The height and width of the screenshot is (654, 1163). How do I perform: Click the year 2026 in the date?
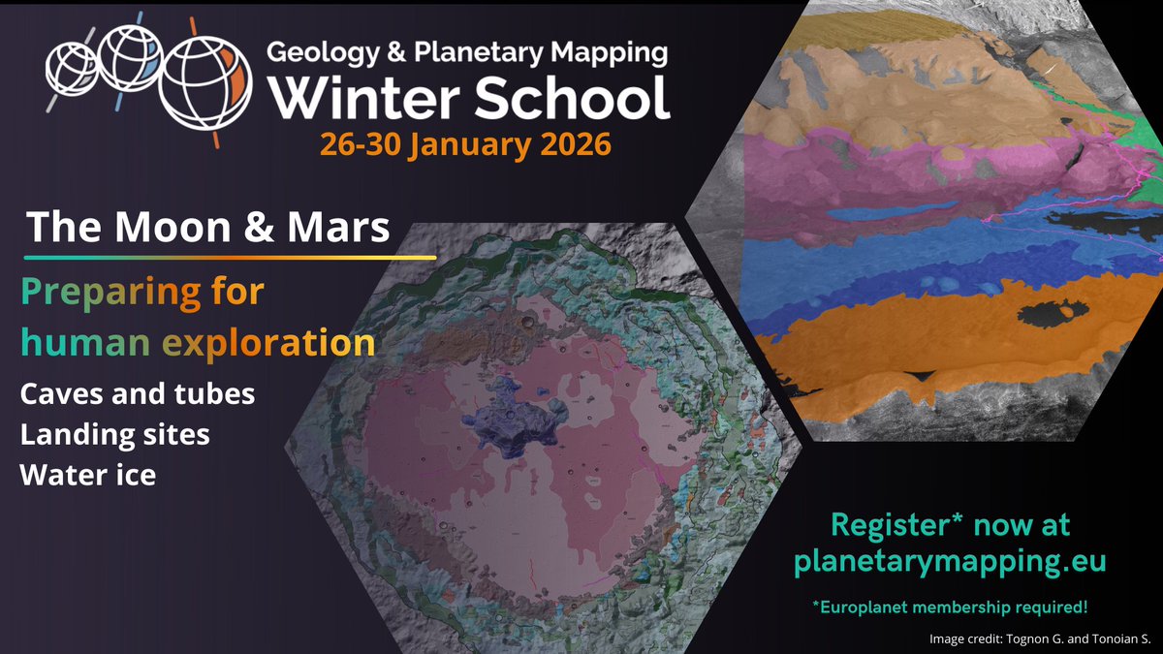571,145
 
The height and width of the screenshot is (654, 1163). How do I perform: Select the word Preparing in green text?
110,292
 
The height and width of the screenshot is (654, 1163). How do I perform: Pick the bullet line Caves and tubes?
138,394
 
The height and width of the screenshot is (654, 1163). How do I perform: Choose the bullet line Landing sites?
115,435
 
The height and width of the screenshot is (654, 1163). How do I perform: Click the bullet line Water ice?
88,475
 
